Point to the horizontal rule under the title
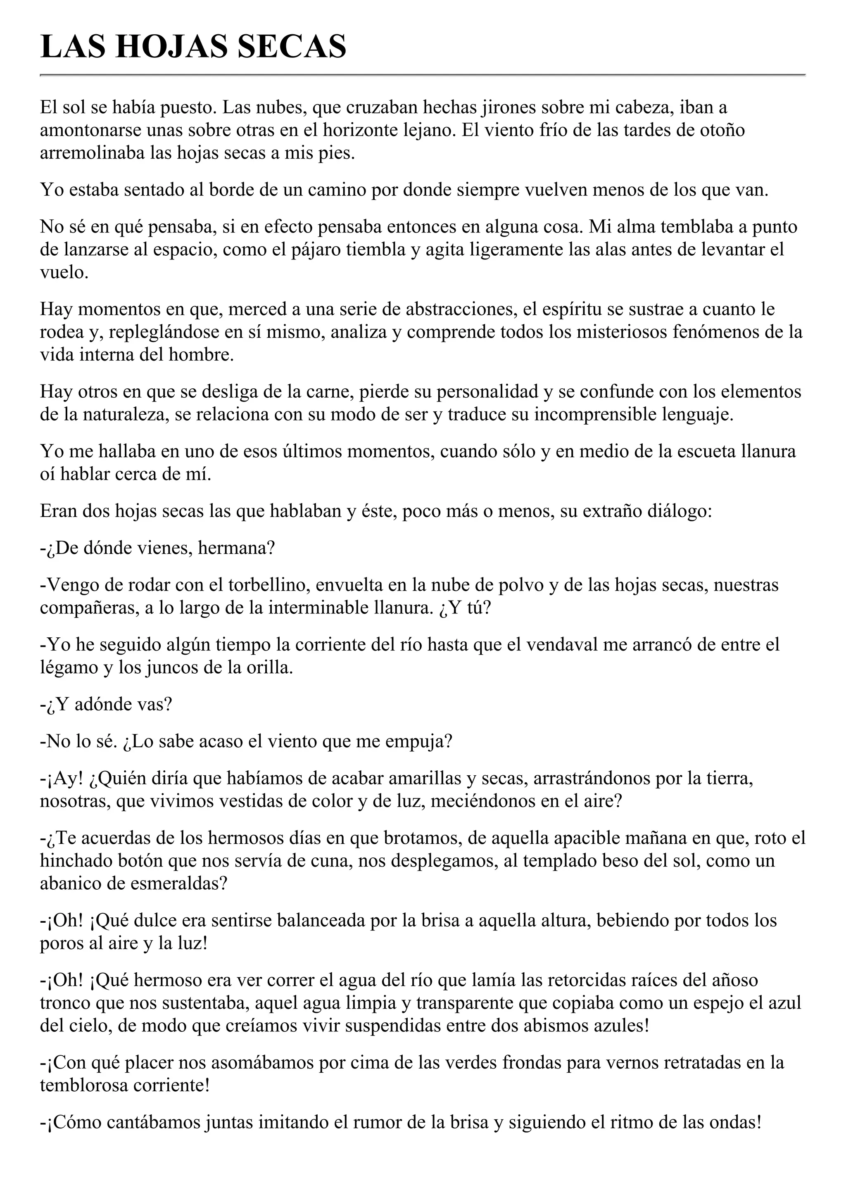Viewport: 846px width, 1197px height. click(423, 75)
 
